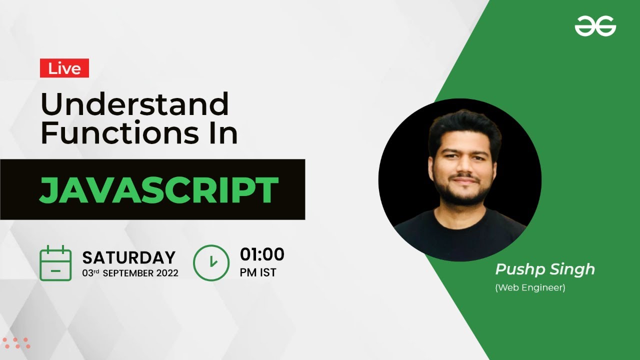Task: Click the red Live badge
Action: click(64, 68)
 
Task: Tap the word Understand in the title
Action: click(134, 104)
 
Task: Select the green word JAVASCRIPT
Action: click(158, 190)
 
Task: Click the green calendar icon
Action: click(55, 262)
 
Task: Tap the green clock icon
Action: click(211, 262)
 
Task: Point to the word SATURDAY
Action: click(128, 257)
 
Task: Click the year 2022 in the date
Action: click(167, 273)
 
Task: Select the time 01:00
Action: click(262, 254)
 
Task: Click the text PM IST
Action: click(258, 273)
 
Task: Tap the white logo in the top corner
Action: click(595, 26)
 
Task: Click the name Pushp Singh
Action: click(545, 269)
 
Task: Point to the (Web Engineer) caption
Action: click(530, 288)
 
